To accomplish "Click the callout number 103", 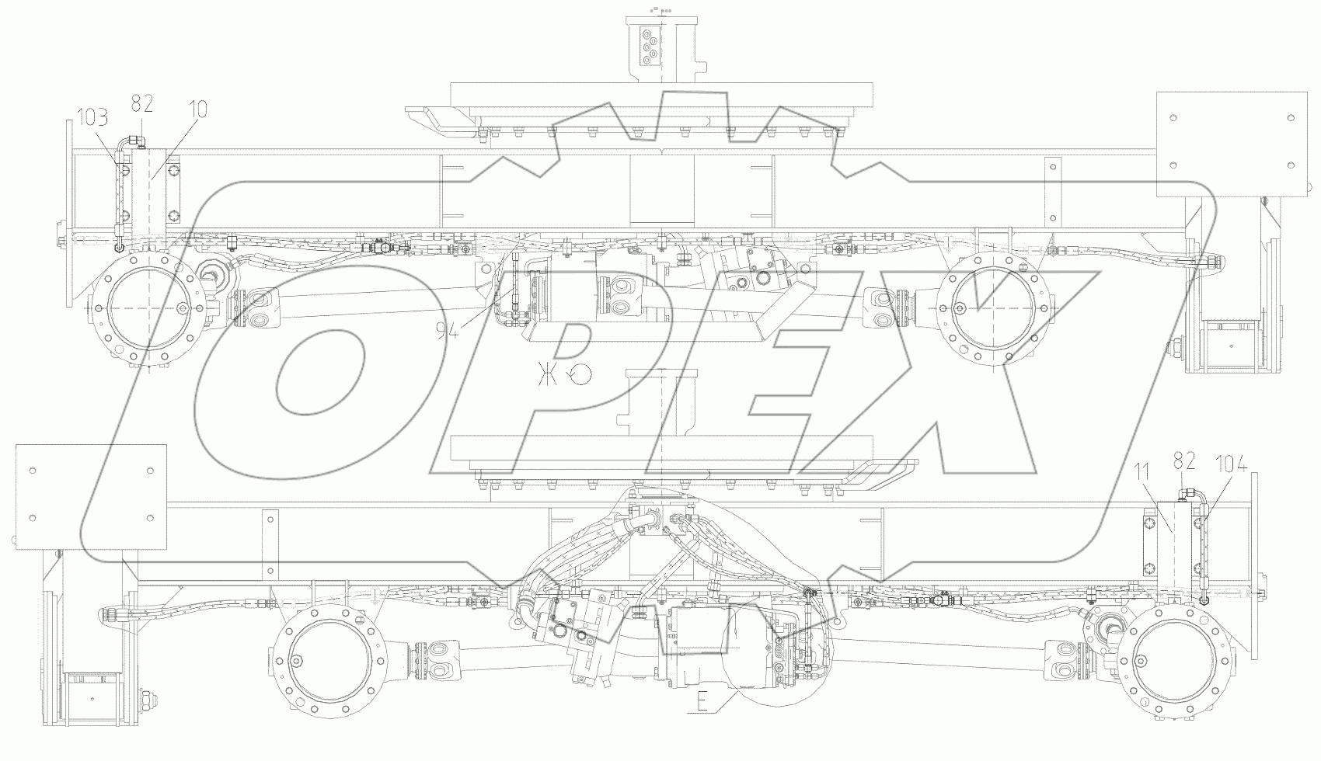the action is tap(93, 118).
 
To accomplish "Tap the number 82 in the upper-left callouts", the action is tap(141, 104).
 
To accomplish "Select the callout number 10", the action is tap(198, 109).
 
